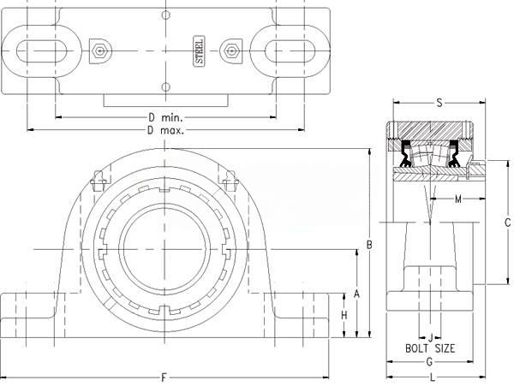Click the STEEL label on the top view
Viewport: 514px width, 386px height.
pos(200,51)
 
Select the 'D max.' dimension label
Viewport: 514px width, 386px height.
pos(165,131)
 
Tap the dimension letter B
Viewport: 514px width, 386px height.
pos(369,245)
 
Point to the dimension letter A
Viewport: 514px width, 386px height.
pos(356,294)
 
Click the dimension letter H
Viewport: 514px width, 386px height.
pos(344,315)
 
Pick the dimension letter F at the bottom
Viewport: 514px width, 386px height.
pos(164,377)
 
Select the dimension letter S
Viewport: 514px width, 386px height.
pos(439,103)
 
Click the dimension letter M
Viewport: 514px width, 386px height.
pos(458,199)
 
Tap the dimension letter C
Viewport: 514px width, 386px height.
pos(508,223)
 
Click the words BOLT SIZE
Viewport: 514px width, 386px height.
pos(430,348)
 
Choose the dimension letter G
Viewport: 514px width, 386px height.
pos(429,362)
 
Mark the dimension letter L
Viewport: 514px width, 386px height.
pos(433,377)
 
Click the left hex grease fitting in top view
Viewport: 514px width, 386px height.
pos(100,51)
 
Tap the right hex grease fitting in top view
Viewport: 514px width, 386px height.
pos(231,51)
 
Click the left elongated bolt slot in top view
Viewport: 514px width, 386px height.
pos(42,51)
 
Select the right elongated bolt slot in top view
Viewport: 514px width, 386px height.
pos(290,51)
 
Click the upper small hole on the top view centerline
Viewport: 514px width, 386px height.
pos(166,15)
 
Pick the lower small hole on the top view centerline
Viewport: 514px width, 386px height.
pos(166,87)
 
